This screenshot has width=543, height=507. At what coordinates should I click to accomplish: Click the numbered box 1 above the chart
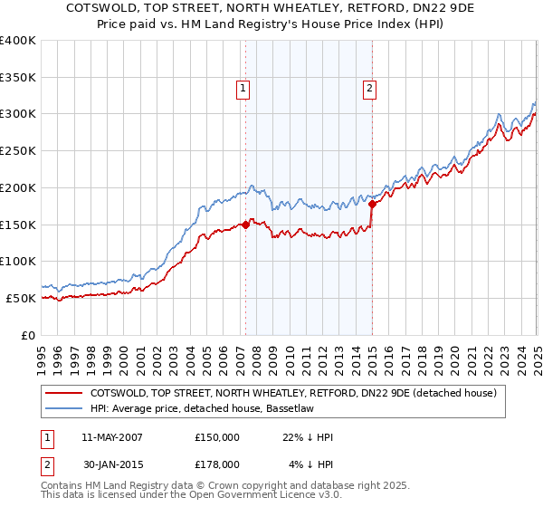coord(244,89)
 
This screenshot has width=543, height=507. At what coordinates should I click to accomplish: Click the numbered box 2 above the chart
coord(371,89)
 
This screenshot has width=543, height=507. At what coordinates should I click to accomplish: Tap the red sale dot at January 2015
coord(372,204)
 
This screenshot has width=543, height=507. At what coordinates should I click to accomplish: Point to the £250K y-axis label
coord(18,151)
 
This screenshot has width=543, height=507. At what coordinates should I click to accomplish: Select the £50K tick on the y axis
coord(22,298)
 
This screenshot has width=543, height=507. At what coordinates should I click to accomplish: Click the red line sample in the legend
coord(63,394)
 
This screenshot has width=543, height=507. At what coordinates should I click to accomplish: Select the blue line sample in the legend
coord(63,409)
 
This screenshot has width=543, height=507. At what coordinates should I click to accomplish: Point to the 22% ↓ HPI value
coord(308,437)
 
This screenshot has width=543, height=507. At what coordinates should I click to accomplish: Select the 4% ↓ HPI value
coord(311,464)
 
